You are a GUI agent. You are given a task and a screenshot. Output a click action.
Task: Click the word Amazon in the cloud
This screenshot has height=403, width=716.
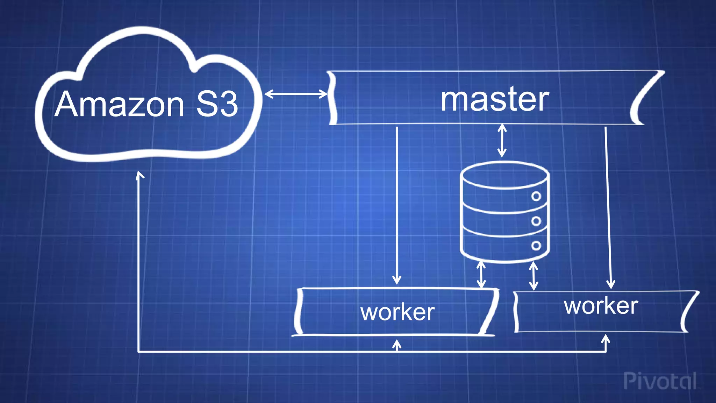pos(119,104)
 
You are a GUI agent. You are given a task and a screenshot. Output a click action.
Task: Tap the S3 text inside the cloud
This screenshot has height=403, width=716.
pos(217,104)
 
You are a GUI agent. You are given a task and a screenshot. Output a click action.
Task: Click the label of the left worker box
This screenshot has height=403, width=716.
pos(398,312)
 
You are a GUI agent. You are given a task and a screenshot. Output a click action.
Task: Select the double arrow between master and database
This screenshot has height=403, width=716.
pos(502,141)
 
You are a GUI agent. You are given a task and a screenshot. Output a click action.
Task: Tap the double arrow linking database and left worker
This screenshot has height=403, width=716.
pos(481,275)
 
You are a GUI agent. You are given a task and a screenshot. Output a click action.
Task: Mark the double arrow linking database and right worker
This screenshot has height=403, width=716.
pos(533,276)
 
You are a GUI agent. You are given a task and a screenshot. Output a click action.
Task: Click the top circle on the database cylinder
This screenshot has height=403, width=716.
pos(536,196)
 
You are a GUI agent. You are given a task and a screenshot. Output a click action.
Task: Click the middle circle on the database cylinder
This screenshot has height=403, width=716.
pos(536,221)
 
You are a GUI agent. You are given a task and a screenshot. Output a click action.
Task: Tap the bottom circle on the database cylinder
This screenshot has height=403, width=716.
pos(536,246)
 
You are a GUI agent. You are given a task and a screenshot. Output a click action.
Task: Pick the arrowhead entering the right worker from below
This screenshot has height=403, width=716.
pos(606,339)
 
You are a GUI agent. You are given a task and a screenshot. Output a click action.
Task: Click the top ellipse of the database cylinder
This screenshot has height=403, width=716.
pos(504,175)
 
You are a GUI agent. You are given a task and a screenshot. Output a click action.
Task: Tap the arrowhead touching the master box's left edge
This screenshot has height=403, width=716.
pos(323,94)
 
